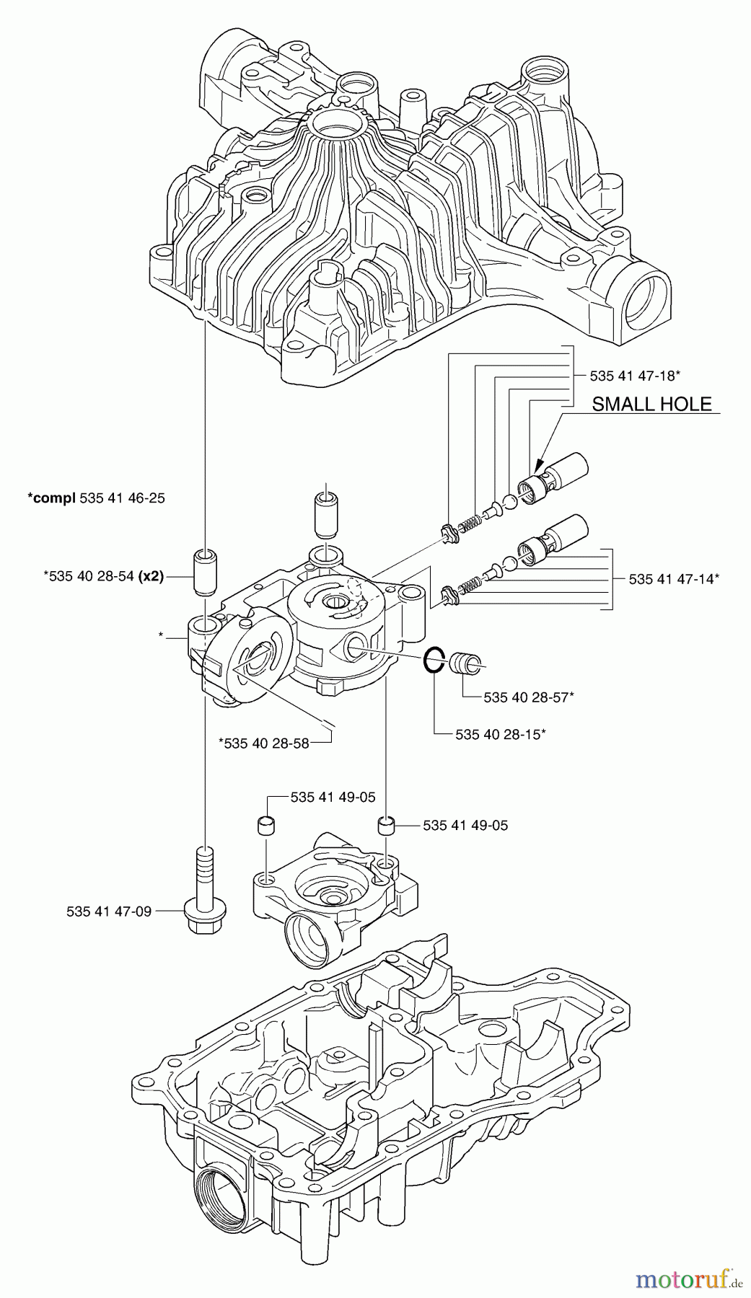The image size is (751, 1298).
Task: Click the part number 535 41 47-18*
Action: point(636,375)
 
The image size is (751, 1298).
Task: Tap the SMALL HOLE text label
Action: point(651,404)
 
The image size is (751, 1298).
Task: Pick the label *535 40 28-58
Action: point(266,743)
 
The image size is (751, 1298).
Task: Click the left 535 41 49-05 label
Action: point(333,798)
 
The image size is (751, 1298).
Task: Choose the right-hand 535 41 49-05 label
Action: point(465,825)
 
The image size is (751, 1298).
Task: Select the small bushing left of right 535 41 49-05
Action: point(387,825)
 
